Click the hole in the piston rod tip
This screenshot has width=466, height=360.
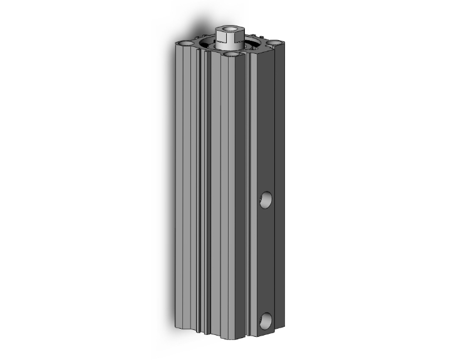pyautogui.click(x=227, y=28)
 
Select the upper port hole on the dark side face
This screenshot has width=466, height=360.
pyautogui.click(x=267, y=200)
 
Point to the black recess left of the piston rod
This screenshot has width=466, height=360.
pyautogui.click(x=207, y=46)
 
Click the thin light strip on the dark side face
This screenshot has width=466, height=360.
pyautogui.click(x=252, y=188)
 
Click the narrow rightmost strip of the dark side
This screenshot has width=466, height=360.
pyautogui.click(x=280, y=188)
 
